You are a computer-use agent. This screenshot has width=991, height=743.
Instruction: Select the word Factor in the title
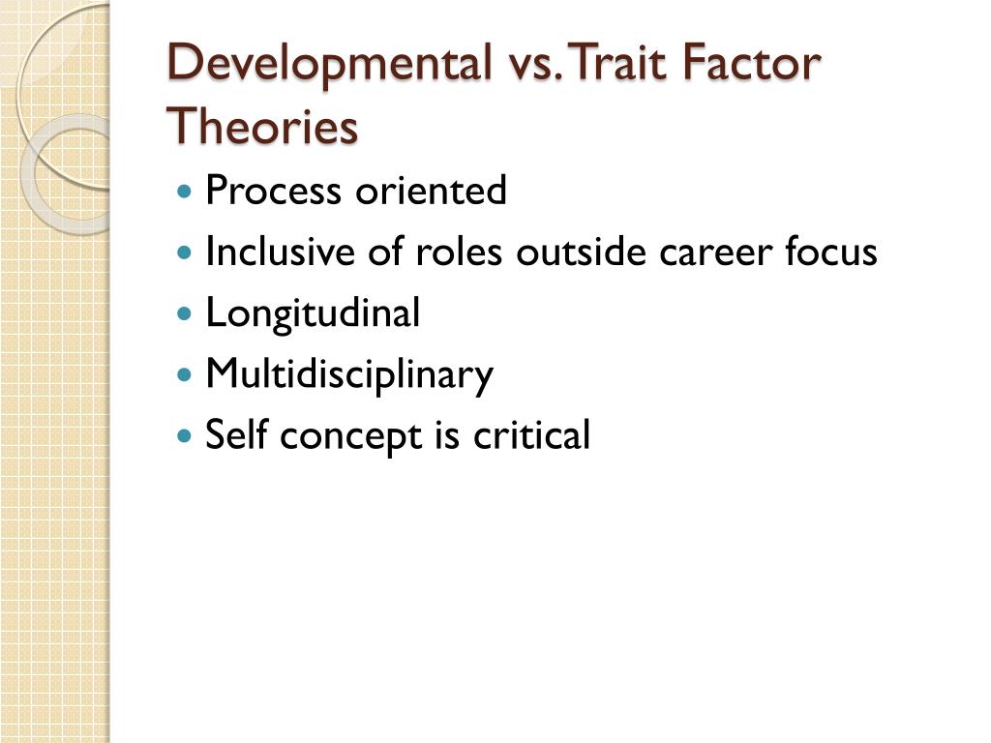751,64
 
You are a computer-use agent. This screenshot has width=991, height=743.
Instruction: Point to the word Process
274,192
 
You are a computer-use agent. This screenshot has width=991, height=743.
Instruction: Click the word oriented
431,192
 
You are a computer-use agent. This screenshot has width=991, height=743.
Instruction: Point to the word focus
831,253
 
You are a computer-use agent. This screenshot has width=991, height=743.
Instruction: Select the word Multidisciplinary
349,375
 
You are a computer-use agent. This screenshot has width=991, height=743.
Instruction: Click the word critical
531,435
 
